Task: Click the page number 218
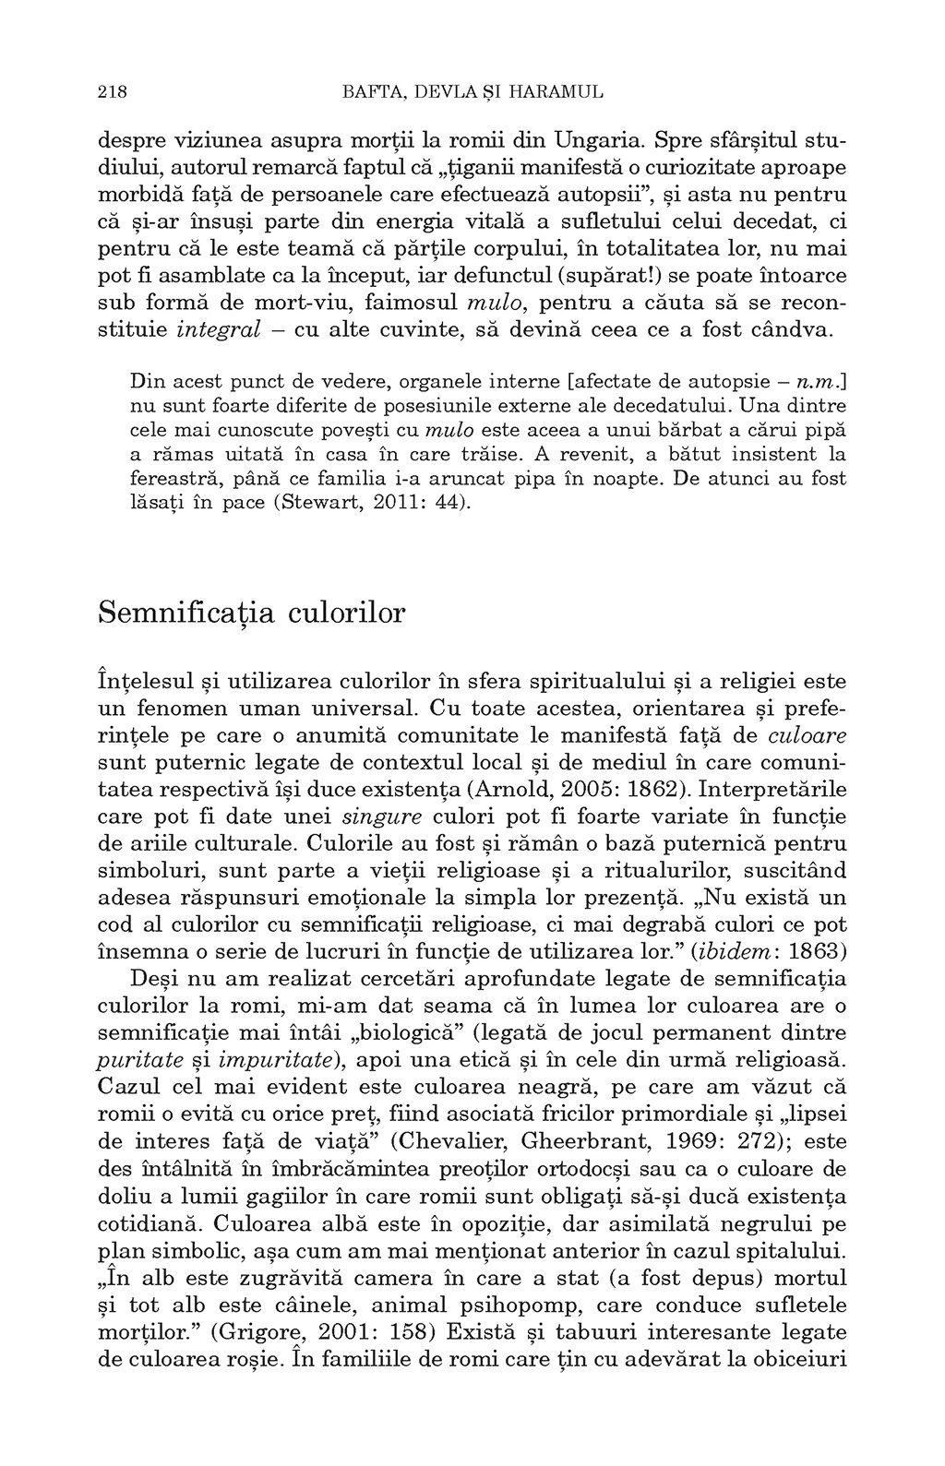point(111,92)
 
